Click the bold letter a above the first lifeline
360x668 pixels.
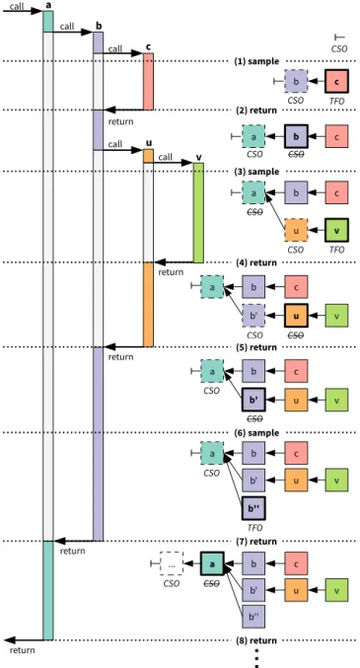(47, 5)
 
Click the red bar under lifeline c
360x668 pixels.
(148, 81)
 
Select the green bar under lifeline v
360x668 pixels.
(198, 212)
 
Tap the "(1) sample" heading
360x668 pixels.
(256, 61)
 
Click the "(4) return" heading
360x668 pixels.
(256, 262)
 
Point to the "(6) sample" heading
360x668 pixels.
(256, 433)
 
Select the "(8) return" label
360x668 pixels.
(256, 640)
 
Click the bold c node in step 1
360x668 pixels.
(337, 81)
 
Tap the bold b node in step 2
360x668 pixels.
(296, 136)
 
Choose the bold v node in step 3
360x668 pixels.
(337, 230)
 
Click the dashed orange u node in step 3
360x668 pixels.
(296, 230)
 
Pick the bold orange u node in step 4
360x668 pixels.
(296, 316)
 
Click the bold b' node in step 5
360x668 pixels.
(253, 400)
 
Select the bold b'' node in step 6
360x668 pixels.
(253, 508)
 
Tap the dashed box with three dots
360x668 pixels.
(172, 563)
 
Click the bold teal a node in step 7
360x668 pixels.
(212, 563)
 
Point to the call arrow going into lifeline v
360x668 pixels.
(174, 163)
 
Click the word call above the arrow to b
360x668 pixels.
(67, 27)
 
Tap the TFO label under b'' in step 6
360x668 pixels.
(254, 528)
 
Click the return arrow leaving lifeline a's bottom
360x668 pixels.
(24, 640)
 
